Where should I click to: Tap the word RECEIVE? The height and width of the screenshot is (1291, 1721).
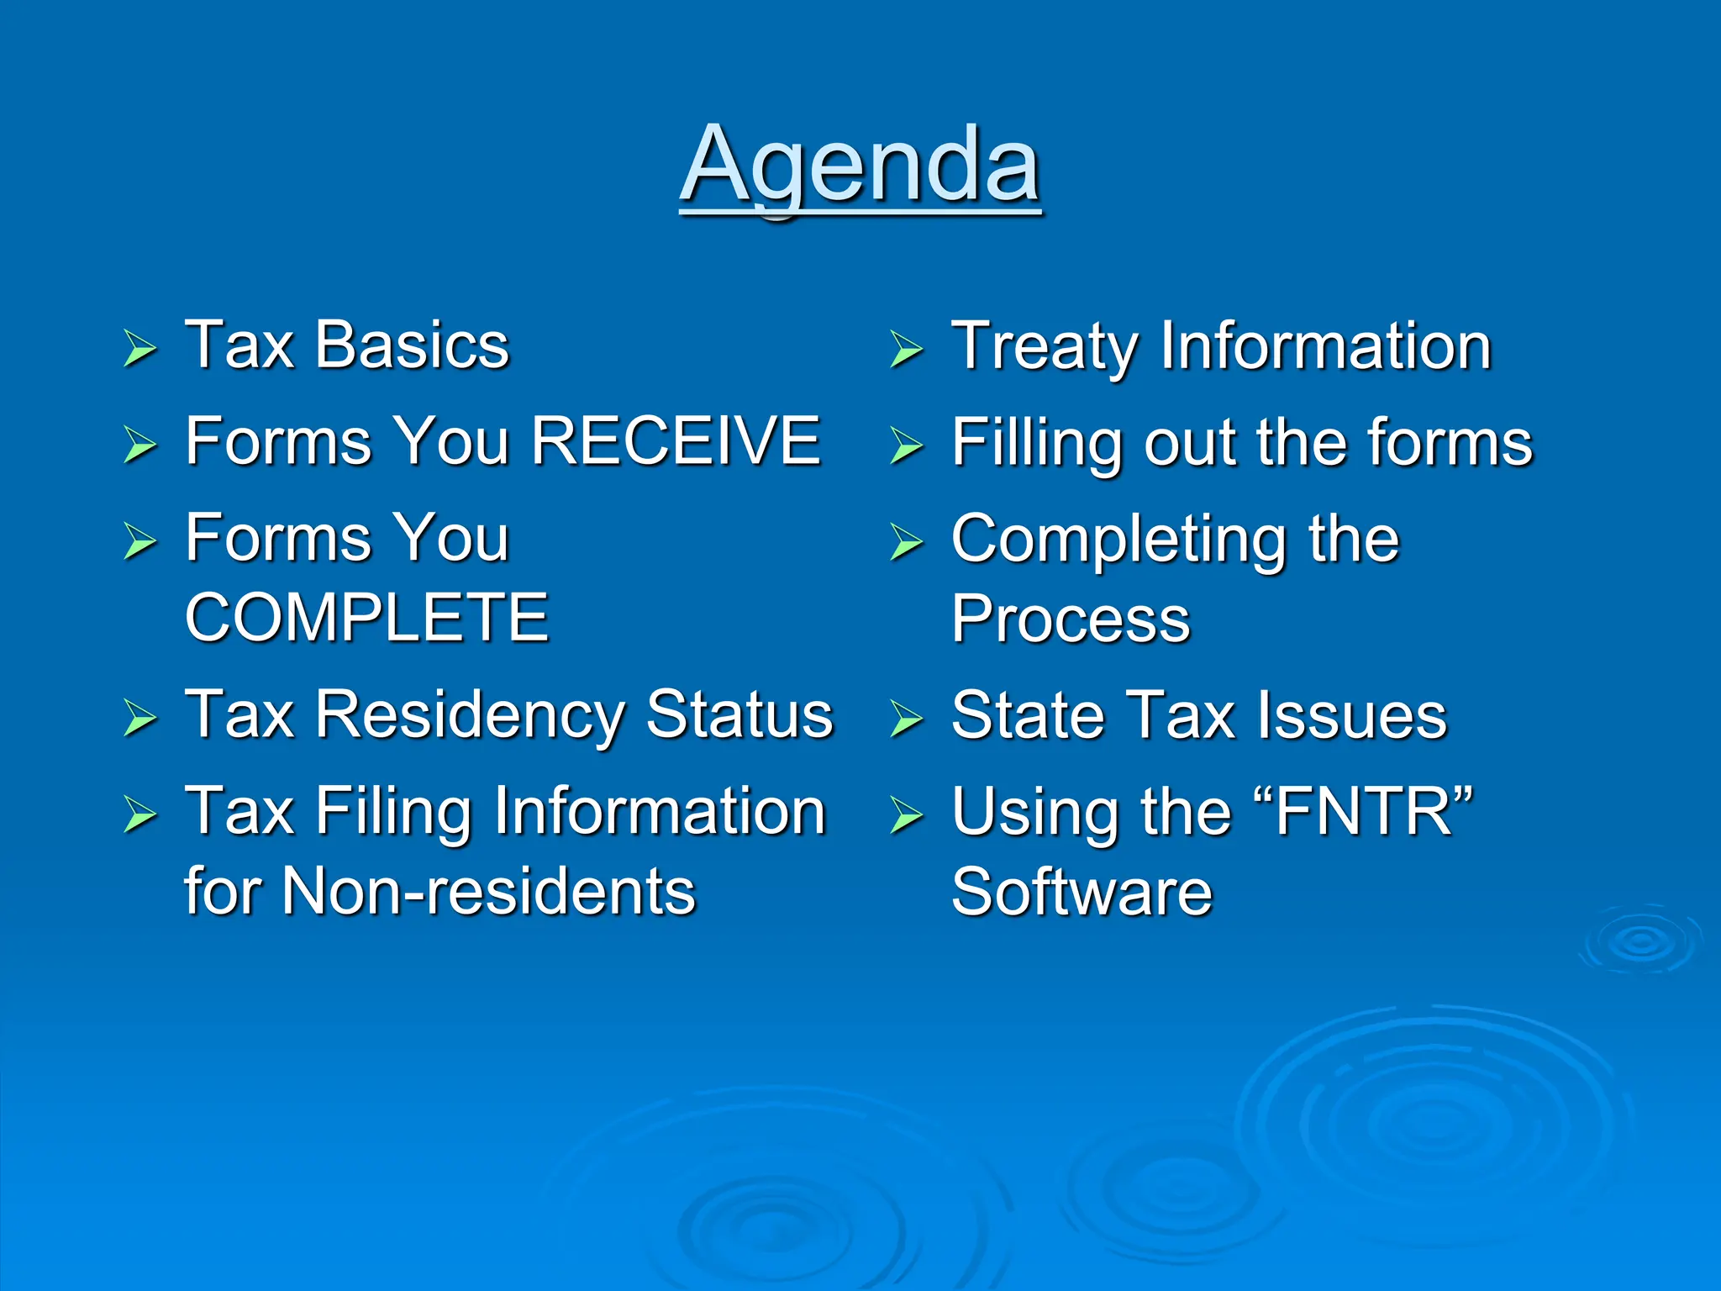[x=676, y=440]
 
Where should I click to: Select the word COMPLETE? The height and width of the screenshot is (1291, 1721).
[x=366, y=617]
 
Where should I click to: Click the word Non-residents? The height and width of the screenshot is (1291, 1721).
[x=488, y=891]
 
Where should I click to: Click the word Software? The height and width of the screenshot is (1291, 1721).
[x=1082, y=892]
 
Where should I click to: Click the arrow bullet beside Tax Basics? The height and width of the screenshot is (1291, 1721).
[x=139, y=348]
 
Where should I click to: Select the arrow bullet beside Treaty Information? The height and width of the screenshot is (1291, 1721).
[x=906, y=349]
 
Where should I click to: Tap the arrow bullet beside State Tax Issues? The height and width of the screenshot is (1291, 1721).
[x=906, y=719]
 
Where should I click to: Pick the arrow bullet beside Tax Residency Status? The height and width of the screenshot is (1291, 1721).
[x=139, y=719]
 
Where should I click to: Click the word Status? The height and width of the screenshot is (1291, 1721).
[x=739, y=714]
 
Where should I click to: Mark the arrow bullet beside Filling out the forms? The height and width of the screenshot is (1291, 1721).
[x=906, y=445]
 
